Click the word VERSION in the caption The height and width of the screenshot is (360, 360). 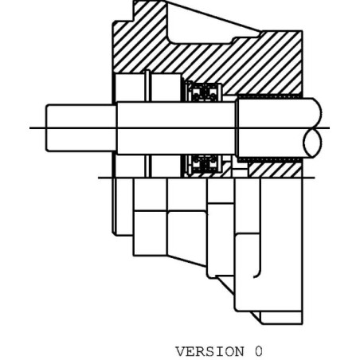tap(209, 351)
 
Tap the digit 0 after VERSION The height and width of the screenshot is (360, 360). tap(259, 351)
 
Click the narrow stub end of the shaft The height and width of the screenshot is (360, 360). tap(81, 128)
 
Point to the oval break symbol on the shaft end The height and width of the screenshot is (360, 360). tap(312, 143)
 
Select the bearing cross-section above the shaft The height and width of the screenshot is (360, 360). tap(204, 92)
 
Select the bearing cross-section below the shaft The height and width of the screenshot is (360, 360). tap(204, 164)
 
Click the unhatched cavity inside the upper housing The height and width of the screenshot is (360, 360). tap(209, 26)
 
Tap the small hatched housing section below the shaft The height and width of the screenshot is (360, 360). tap(275, 170)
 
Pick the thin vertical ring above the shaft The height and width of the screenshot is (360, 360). tap(147, 85)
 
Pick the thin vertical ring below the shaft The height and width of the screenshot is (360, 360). tap(147, 166)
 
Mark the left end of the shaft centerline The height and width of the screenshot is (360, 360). tap(29, 128)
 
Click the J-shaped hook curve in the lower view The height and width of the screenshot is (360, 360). tap(258, 273)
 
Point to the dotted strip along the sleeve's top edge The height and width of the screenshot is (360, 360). tap(269, 96)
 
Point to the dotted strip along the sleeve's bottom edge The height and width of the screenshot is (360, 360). tap(269, 159)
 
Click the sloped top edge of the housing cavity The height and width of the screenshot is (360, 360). tap(213, 16)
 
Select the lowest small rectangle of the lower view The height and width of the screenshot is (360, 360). tap(281, 318)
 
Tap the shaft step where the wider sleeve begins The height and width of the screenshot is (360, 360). tap(237, 127)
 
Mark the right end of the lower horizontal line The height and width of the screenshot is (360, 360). tap(315, 178)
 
